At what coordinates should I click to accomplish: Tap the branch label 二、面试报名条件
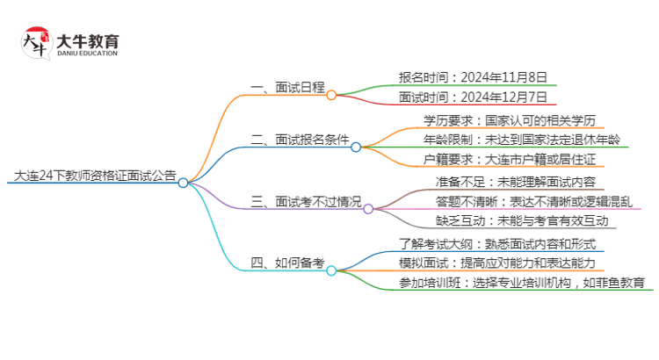pyautogui.click(x=300, y=139)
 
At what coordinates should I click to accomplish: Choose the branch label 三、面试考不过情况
pyautogui.click(x=305, y=201)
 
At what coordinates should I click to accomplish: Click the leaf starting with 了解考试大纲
pyautogui.click(x=497, y=243)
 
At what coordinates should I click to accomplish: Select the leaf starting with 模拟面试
pyautogui.click(x=497, y=263)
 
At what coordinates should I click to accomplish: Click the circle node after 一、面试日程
pyautogui.click(x=331, y=95)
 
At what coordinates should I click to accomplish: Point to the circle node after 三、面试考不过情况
pyautogui.click(x=368, y=209)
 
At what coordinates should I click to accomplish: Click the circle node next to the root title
pyautogui.click(x=183, y=183)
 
